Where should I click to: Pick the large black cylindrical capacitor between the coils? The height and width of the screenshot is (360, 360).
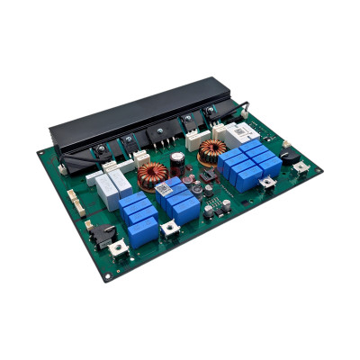[x=180, y=162]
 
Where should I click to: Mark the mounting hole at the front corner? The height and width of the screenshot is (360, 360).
[x=107, y=275]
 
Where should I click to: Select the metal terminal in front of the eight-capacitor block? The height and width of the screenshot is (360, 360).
[x=268, y=181]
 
